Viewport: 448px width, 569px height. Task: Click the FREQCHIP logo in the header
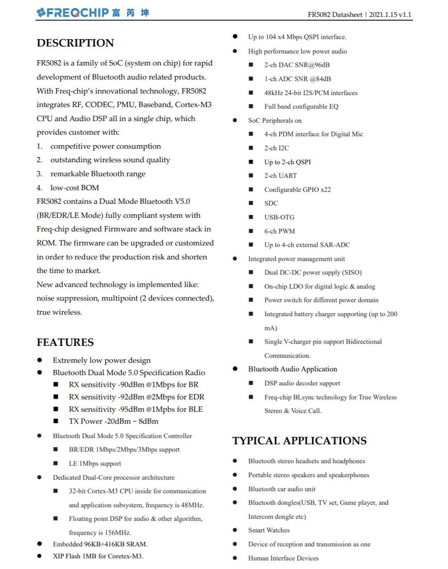pyautogui.click(x=92, y=13)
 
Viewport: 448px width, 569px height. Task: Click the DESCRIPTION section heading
pyautogui.click(x=75, y=43)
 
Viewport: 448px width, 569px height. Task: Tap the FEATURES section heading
pyautogui.click(x=65, y=342)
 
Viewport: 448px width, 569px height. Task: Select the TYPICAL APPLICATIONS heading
pyautogui.click(x=299, y=441)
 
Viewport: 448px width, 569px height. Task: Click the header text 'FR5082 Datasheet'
pyautogui.click(x=335, y=14)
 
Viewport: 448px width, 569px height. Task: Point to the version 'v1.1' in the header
pyautogui.click(x=405, y=14)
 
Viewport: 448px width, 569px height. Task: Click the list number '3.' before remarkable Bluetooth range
pyautogui.click(x=40, y=174)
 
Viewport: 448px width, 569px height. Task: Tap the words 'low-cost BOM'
pyautogui.click(x=75, y=188)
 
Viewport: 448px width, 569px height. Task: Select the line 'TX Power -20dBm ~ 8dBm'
pyautogui.click(x=113, y=421)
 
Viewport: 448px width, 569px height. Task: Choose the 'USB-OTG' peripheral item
pyautogui.click(x=279, y=217)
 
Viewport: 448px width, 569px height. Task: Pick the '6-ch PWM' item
pyautogui.click(x=280, y=231)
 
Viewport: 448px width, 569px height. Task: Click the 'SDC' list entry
pyautogui.click(x=271, y=203)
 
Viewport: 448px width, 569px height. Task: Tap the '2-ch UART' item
pyautogui.click(x=280, y=175)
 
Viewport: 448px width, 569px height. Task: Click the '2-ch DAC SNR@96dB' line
pyautogui.click(x=297, y=65)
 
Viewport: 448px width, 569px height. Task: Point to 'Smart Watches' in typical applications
pyautogui.click(x=269, y=530)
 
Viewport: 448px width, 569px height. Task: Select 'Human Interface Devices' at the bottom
pyautogui.click(x=283, y=558)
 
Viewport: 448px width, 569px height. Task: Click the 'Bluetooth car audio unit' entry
pyautogui.click(x=282, y=489)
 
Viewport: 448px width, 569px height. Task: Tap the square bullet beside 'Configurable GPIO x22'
pyautogui.click(x=251, y=189)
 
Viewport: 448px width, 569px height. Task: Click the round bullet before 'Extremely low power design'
pyautogui.click(x=40, y=360)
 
